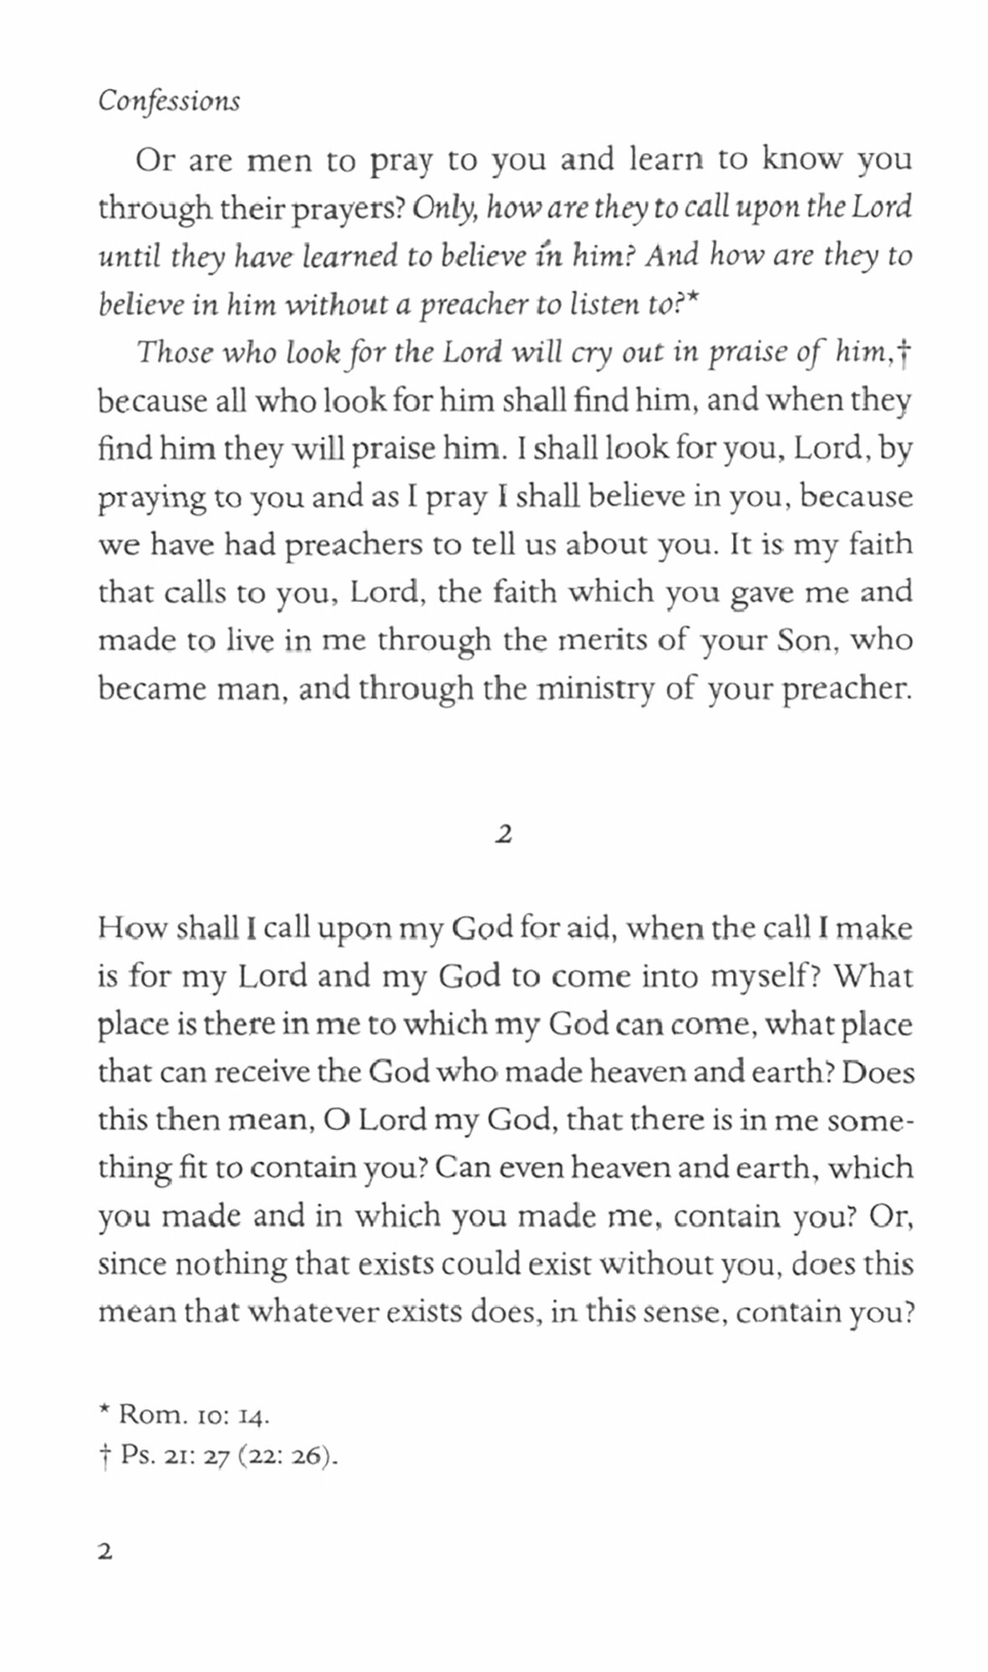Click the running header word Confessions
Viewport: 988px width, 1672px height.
169,101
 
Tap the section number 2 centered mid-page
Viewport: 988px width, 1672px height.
502,834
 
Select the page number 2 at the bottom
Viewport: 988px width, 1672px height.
105,1552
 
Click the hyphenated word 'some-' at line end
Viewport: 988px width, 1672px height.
870,1120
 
